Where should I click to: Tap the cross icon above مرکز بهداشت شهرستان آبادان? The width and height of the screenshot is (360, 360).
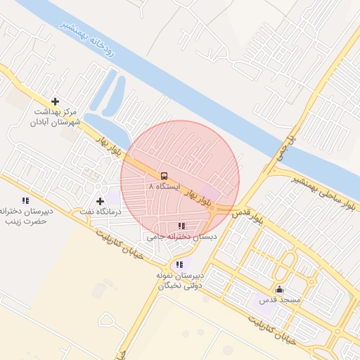tap(55, 101)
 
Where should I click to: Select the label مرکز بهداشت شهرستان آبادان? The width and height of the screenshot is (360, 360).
tap(55, 117)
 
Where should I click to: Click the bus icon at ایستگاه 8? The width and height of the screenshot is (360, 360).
tap(164, 176)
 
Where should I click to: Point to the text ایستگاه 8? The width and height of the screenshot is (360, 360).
tap(165, 187)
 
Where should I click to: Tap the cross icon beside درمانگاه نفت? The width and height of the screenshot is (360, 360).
tap(100, 202)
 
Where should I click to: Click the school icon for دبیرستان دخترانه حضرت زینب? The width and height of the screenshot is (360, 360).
tap(26, 200)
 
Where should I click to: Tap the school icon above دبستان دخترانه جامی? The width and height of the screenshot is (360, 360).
tap(181, 226)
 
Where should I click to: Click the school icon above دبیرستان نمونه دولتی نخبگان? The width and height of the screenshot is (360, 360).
tap(181, 264)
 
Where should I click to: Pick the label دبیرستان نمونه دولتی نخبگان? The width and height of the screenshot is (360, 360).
tap(180, 281)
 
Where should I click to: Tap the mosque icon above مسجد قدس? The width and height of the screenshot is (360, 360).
tap(280, 289)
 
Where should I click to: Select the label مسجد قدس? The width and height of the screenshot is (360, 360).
tap(281, 300)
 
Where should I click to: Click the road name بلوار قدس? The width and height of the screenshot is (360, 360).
tap(248, 217)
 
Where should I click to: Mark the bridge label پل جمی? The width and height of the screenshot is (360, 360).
tap(296, 146)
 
